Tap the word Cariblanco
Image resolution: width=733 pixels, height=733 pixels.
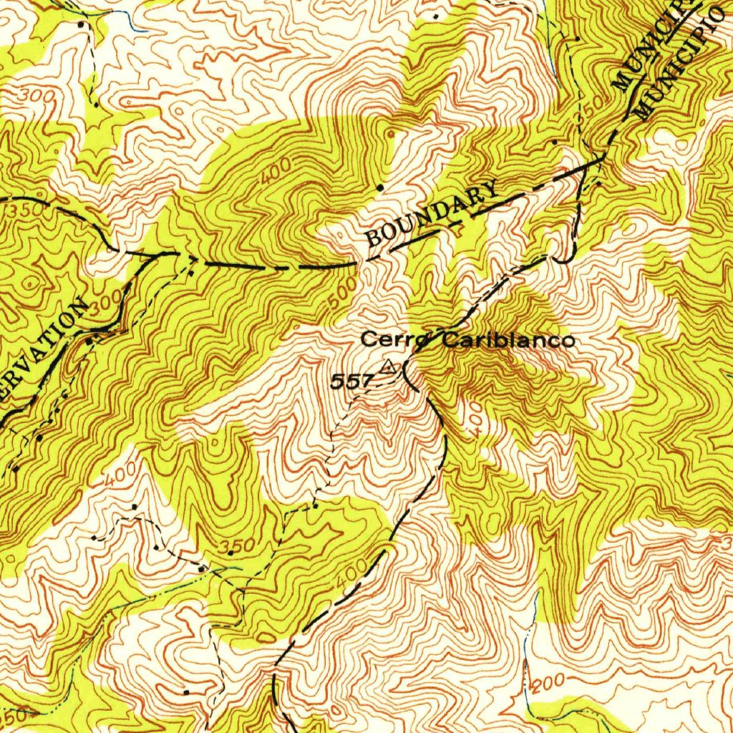click(508, 340)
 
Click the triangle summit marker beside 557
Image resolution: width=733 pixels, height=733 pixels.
click(388, 368)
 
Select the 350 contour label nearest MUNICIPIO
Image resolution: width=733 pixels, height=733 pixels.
click(592, 107)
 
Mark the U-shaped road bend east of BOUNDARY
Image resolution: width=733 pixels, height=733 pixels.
click(565, 258)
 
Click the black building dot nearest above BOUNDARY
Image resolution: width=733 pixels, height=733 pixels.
click(381, 188)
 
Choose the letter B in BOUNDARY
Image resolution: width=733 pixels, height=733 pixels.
click(374, 238)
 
